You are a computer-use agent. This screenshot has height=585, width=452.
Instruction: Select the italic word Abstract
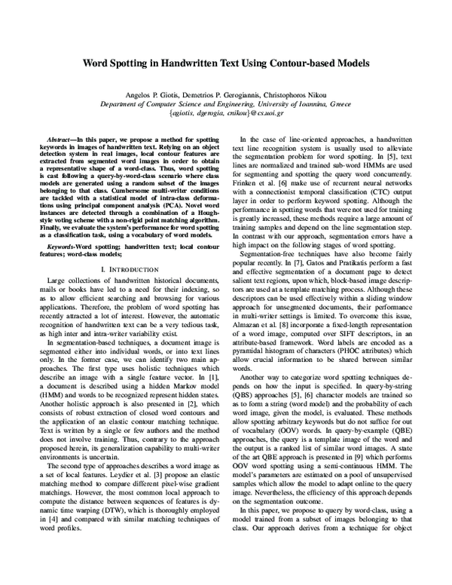coord(61,140)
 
